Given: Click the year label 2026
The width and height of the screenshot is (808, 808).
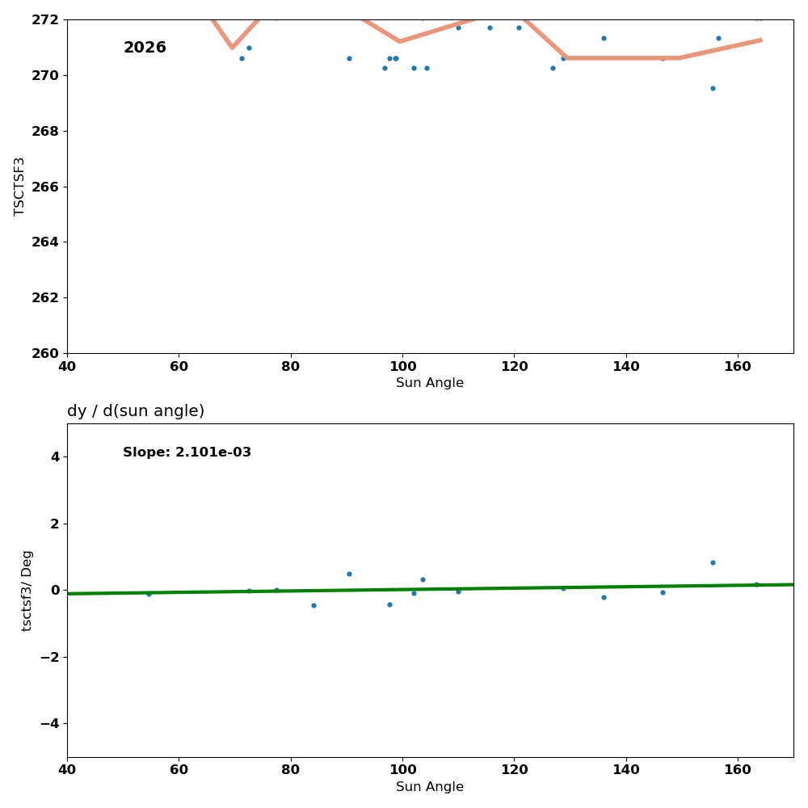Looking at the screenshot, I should point(145,48).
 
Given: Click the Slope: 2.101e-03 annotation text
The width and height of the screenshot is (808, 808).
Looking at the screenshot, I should point(187,452).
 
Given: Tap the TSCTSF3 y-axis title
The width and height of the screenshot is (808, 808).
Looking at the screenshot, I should point(20,186).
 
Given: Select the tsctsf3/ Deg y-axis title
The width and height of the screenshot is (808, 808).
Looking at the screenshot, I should point(27,590).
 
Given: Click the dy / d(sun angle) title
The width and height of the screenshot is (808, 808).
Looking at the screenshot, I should point(136,411).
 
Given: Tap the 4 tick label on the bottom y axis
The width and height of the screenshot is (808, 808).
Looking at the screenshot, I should point(55,457).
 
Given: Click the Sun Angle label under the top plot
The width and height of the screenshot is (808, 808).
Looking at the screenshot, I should point(430,383).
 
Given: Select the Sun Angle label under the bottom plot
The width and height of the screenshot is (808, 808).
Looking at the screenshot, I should point(430,787).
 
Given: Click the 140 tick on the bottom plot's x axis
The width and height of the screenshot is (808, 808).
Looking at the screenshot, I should point(626,770).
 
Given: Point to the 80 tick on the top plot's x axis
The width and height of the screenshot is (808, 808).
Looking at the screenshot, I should point(291,366).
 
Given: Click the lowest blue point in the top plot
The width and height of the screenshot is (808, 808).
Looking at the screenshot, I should point(713,88).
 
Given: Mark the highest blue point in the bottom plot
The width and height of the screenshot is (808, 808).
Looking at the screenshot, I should point(713,562).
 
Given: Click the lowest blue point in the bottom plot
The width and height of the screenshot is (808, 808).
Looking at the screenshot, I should point(314,605).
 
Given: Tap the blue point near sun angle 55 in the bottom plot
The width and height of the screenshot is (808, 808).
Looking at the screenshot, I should point(149,594).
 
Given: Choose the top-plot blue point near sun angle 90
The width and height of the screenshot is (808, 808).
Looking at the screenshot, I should point(349,58).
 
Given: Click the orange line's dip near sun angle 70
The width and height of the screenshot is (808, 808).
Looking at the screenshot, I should point(232,47).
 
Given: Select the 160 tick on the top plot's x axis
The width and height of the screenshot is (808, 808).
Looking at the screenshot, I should point(738,366).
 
